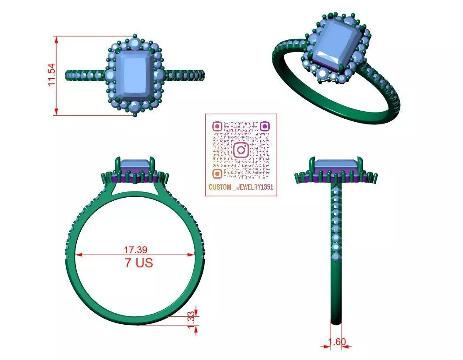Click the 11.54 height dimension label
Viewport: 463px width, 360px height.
(51, 75)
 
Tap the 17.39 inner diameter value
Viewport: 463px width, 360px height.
(136, 249)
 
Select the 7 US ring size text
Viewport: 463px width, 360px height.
(139, 263)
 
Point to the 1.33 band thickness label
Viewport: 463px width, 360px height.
(191, 320)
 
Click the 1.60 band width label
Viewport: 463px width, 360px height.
(338, 341)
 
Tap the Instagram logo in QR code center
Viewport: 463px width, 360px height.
(241, 150)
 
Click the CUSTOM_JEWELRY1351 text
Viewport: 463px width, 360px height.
(241, 187)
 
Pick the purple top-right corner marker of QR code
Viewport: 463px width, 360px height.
(264, 127)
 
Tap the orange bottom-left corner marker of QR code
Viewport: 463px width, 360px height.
(217, 173)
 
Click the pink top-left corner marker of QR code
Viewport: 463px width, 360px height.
(217, 127)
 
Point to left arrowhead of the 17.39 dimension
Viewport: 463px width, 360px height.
(78, 255)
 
